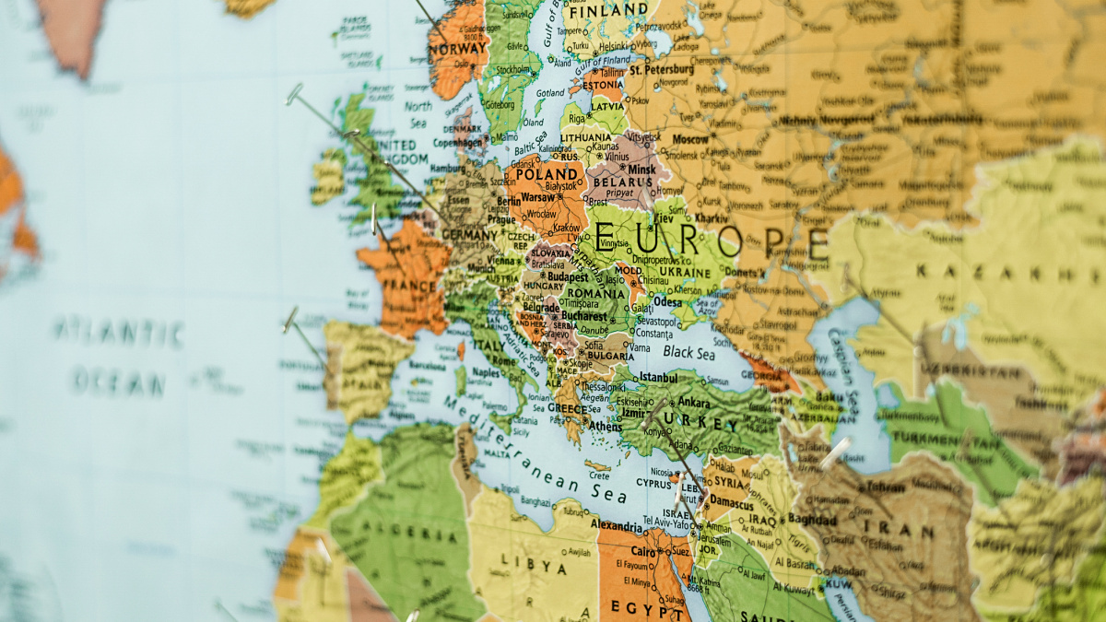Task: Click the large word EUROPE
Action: pos(710,241)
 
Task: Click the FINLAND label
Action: pos(607,11)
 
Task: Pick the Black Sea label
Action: pos(688,352)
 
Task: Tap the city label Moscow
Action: pos(689,139)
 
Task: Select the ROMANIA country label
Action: pos(596,293)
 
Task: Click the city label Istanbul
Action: pos(658,377)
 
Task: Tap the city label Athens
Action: pos(606,427)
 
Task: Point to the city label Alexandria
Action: pos(617,526)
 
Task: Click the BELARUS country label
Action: pos(616,182)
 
